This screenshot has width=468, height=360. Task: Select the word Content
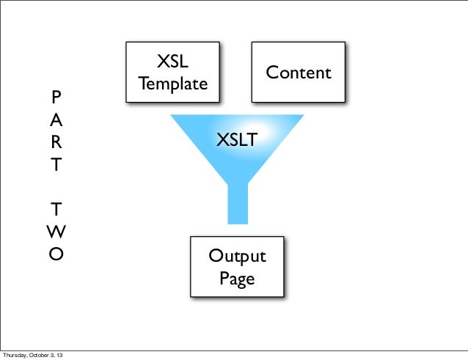point(299,73)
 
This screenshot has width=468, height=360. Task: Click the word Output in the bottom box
point(237,257)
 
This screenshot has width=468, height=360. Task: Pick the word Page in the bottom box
point(237,278)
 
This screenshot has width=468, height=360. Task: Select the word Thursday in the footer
point(16,356)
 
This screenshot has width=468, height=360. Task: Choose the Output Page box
point(237,267)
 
